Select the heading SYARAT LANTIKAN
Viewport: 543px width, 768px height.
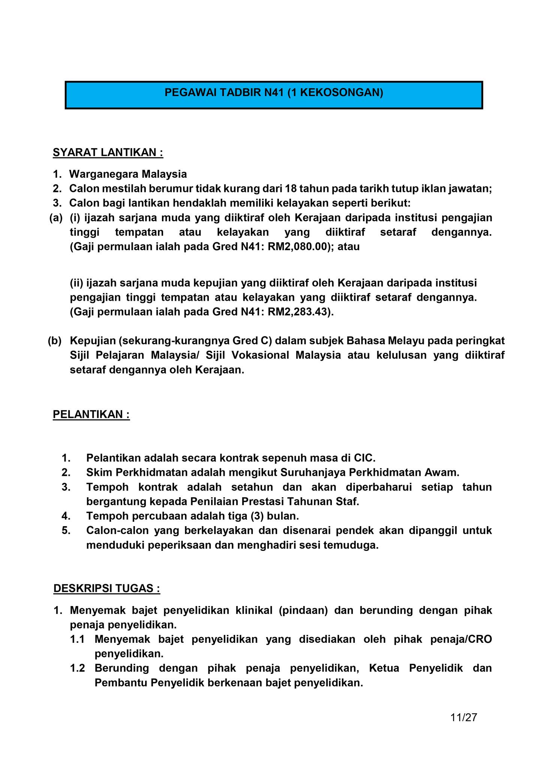coord(108,153)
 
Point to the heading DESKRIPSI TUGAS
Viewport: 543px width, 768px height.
coord(107,588)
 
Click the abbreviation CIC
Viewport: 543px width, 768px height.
coord(364,458)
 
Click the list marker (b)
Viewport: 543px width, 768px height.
coord(55,341)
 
